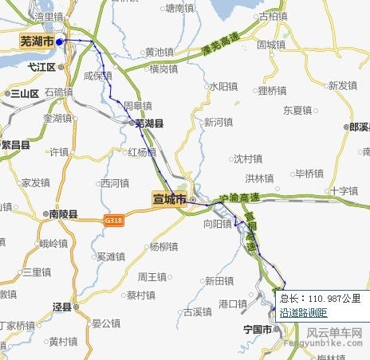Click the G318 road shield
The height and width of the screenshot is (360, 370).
[x=113, y=218]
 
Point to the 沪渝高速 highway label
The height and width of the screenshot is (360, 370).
[x=238, y=197]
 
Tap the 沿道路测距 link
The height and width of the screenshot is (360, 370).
[x=303, y=312]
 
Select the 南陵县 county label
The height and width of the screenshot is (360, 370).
[x=62, y=214]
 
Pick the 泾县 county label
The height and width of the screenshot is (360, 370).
[x=62, y=306]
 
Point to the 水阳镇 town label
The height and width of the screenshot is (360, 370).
[x=224, y=85]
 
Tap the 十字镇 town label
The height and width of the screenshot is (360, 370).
[x=345, y=191]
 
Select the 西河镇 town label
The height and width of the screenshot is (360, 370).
[x=114, y=183]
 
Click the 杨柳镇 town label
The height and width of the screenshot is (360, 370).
[x=163, y=246]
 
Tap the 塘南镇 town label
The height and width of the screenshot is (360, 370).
[x=179, y=8]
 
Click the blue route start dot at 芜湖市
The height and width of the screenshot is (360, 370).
[x=60, y=41]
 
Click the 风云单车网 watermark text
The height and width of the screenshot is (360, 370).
[x=334, y=334]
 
